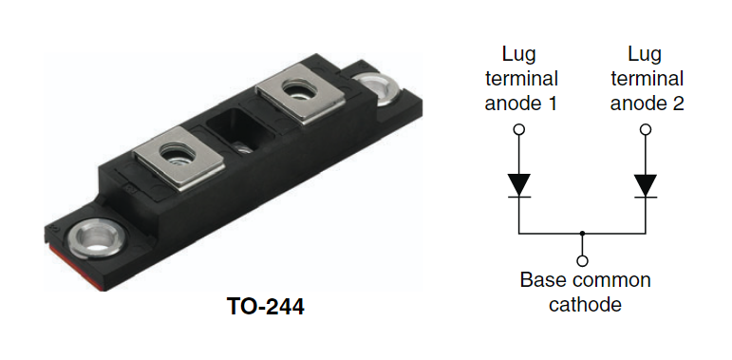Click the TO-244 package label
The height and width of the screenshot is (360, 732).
(265, 307)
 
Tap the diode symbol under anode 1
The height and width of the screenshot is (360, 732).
(518, 185)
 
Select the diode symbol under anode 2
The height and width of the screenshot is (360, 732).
(646, 185)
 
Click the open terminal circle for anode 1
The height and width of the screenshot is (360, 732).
(518, 129)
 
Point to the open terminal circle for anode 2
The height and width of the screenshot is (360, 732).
(646, 129)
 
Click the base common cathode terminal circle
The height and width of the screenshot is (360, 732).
(582, 260)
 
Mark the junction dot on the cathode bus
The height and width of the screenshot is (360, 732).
(582, 233)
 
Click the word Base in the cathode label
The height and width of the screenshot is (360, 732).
(539, 280)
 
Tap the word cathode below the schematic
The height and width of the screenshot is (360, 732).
(585, 305)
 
